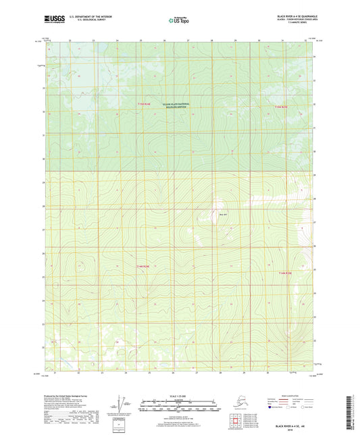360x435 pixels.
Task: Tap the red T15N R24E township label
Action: click(281, 106)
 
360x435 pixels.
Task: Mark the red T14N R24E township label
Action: click(285, 273)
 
